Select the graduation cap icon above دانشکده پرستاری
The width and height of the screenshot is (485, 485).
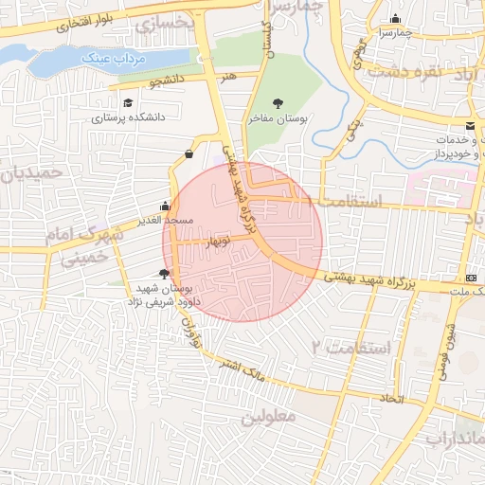[128, 102]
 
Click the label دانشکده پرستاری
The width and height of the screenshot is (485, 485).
[128, 118]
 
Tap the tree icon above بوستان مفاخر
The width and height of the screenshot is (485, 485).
[278, 103]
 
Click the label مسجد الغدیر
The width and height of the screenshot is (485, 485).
[166, 220]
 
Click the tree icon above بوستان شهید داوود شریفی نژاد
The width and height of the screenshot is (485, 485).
[166, 274]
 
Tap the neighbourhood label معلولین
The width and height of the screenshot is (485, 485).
[268, 415]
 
